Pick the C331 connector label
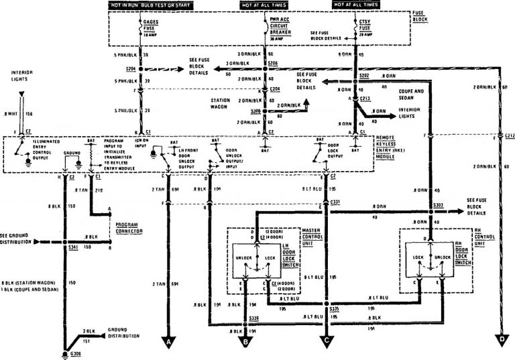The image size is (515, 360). pyautogui.click(x=336, y=200)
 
